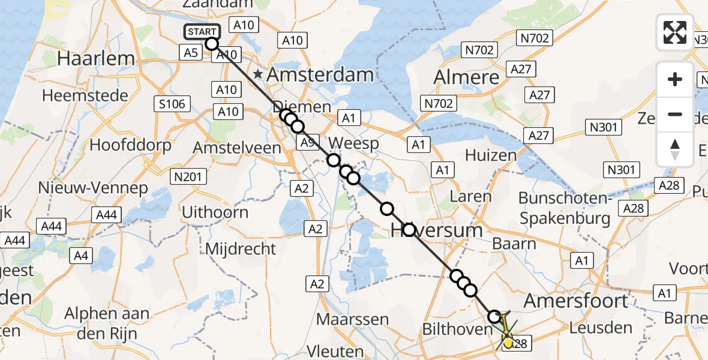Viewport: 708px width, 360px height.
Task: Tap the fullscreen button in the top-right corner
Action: (675, 32)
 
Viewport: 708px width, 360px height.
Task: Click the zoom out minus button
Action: (675, 114)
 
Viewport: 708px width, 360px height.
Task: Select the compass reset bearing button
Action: (675, 149)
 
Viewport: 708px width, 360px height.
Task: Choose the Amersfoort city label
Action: (577, 301)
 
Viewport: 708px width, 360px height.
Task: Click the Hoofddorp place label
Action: (130, 145)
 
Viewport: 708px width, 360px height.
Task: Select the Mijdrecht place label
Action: (241, 248)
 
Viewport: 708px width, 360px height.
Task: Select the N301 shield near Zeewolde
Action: (604, 127)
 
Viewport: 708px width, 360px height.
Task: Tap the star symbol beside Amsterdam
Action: (258, 74)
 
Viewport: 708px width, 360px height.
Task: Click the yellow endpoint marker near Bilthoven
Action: (508, 343)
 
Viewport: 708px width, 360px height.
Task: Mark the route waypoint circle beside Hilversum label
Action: (409, 229)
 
